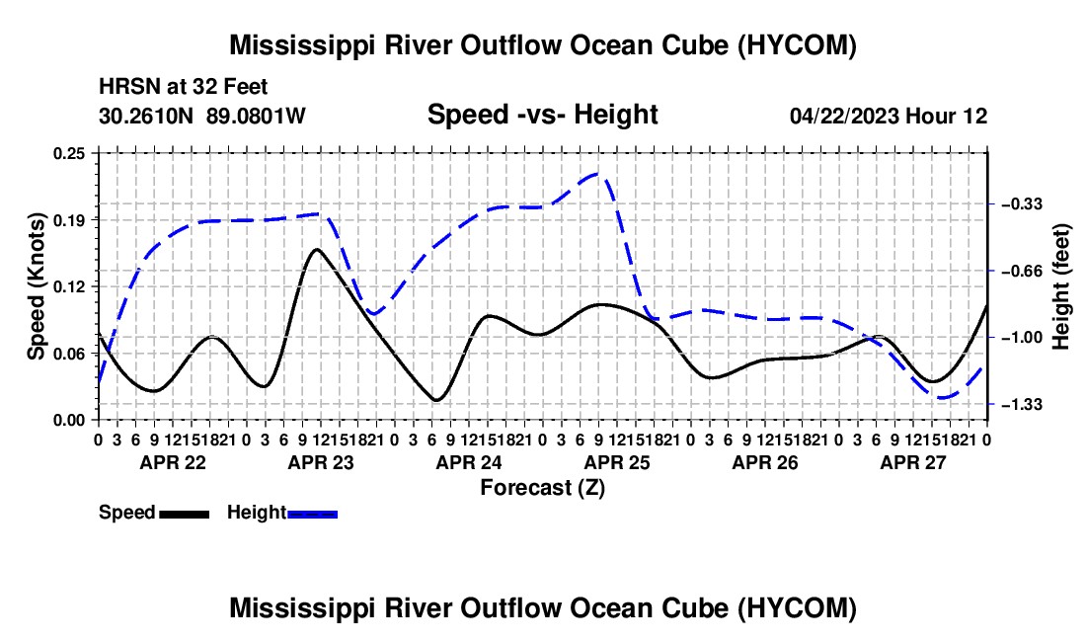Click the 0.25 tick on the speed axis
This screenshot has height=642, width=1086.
[68, 153]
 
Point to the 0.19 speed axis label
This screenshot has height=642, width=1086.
[68, 220]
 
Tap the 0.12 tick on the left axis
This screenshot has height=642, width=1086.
[68, 286]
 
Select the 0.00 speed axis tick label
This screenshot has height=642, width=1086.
[68, 421]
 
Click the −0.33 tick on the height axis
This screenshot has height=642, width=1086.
[1021, 203]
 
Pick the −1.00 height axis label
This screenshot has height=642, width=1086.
[1021, 337]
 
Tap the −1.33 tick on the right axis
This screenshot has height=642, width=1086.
[1021, 404]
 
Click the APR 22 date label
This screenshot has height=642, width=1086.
[173, 462]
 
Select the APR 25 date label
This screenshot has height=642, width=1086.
[617, 462]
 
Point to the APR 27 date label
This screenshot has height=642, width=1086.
[913, 462]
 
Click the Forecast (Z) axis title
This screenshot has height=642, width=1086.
[542, 488]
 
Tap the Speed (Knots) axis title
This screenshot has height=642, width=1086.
[36, 286]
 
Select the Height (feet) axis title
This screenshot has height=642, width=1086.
[1060, 286]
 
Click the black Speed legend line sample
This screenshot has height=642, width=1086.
[185, 514]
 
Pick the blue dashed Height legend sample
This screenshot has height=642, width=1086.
[312, 514]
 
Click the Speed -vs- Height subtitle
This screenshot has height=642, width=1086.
[542, 115]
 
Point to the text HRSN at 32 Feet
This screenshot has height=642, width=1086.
[184, 87]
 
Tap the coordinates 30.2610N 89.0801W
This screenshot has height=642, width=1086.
[202, 116]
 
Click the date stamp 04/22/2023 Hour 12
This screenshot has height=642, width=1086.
[889, 116]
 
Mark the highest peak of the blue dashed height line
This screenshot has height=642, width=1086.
[598, 173]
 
